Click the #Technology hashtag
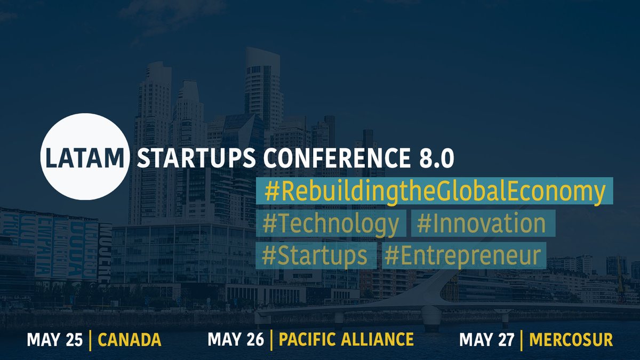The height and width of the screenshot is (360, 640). click(331, 225)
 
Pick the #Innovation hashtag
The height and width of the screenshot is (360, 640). click(482, 225)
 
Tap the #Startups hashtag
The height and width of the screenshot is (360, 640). click(316, 256)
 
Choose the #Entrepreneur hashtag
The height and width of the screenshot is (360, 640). click(463, 256)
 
